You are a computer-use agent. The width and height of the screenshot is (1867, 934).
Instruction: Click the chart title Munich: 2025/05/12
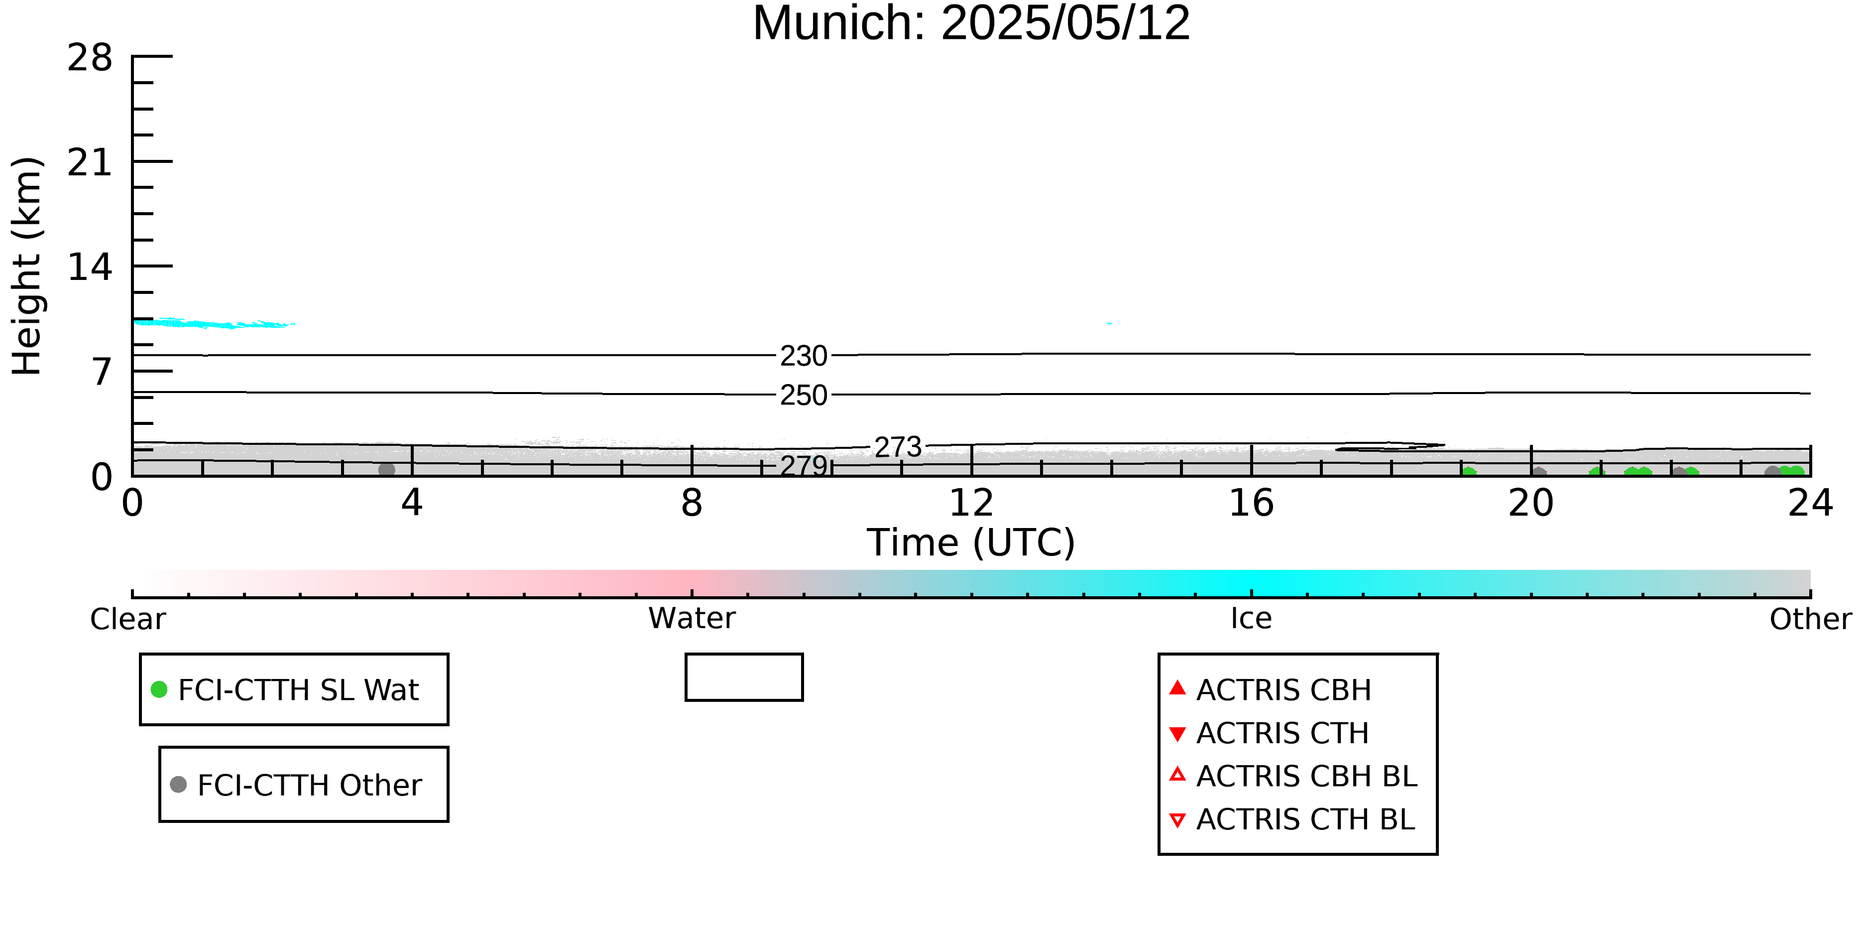coord(971,23)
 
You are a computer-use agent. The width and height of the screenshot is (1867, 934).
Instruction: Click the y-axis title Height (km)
coord(27,266)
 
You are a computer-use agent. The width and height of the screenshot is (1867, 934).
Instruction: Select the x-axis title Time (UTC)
coord(971,542)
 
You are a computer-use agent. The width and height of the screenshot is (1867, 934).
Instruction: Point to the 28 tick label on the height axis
coord(90,57)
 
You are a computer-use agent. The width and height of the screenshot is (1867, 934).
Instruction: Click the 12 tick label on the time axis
coord(971,503)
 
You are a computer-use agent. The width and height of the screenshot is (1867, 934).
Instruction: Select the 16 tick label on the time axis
coord(1251,503)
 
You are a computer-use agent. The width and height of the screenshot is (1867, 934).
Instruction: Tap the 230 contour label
coord(804,356)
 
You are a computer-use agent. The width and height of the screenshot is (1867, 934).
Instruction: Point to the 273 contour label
coord(898,447)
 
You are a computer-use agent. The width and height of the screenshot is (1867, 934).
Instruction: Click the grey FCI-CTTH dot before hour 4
coord(387,470)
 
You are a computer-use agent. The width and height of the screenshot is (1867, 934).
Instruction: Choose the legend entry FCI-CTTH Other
coord(296,785)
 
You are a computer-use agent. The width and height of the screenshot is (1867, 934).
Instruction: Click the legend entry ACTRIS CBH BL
coord(1294,776)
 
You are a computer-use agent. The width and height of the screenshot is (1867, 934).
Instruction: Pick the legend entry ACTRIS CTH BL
coord(1292,819)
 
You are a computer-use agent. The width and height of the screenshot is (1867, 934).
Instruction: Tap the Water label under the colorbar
coord(692,619)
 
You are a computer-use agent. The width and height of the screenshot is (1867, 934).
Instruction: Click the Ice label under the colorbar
coord(1251,619)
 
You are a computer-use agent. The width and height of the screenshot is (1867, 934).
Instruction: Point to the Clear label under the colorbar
coord(127,619)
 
